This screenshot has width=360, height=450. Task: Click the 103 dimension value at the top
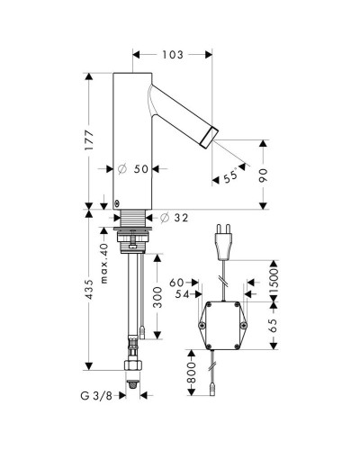(x=173, y=55)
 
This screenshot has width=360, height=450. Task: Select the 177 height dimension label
(x=89, y=140)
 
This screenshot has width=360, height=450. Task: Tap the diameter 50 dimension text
(x=134, y=169)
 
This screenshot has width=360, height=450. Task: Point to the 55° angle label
(x=230, y=176)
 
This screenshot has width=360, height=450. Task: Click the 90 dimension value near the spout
(x=263, y=175)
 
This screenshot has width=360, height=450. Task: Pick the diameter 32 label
(x=174, y=218)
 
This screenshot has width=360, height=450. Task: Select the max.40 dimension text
(x=104, y=264)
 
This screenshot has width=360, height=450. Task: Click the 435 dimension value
(x=89, y=289)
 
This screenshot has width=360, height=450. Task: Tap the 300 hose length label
(x=157, y=297)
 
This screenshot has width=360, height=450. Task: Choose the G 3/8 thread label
(x=96, y=396)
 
